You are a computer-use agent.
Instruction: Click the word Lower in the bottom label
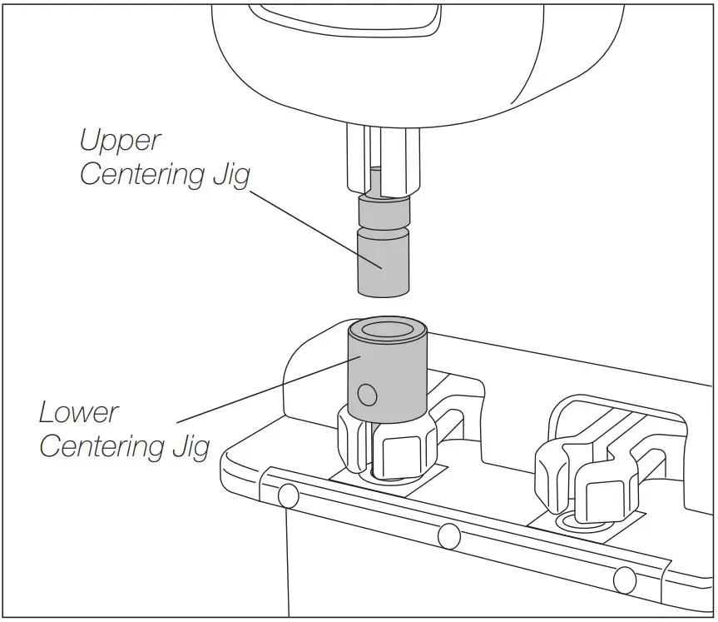(x=79, y=412)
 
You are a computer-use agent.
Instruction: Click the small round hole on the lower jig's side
(x=367, y=391)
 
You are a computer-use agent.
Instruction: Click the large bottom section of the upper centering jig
(x=383, y=264)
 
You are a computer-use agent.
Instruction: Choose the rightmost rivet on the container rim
(x=625, y=576)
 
